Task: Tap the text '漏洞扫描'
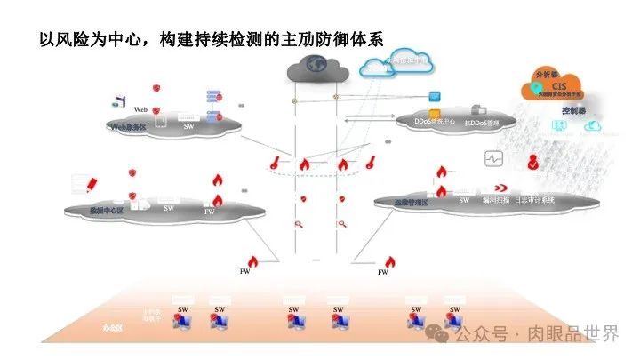pos(494,201)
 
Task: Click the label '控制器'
pos(574,111)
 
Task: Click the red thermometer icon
pos(277,164)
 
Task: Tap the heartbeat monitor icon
pos(493,158)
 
